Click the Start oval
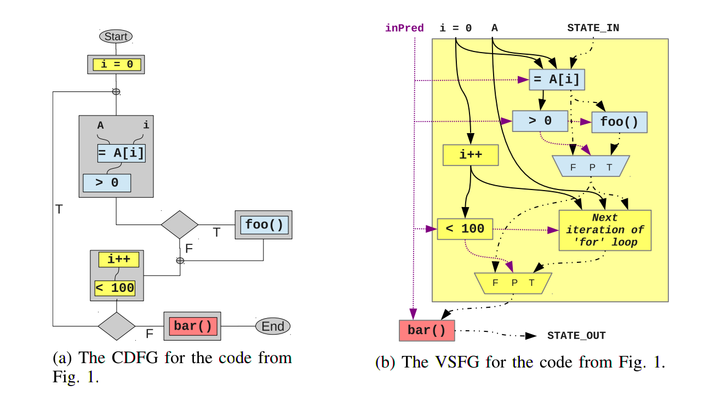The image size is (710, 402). coord(116,37)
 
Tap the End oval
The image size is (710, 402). coord(272,327)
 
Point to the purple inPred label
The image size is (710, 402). coord(404,28)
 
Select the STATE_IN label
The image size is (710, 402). coord(593,28)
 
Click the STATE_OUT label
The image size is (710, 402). coord(576,336)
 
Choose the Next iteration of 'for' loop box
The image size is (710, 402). coord(605,230)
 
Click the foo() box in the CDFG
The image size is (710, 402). coord(264,225)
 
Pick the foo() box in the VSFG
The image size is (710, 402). coord(619,122)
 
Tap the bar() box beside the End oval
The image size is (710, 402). coord(192,326)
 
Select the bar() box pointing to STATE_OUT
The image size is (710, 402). coord(427,330)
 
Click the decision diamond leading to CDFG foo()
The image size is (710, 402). coord(180,225)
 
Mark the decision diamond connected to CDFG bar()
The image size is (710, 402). coord(117,326)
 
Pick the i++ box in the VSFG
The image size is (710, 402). coord(471,155)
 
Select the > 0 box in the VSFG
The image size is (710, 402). coord(540,121)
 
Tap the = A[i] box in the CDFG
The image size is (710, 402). coord(122,153)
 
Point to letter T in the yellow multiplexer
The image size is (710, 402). coord(531,283)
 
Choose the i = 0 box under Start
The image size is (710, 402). coord(117,65)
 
